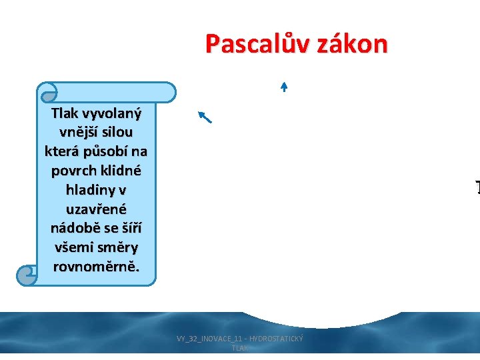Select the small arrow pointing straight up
tap(283, 86)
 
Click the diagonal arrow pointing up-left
tap(205, 117)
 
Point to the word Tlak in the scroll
tap(64, 113)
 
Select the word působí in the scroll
tap(103, 151)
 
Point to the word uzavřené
tap(96, 209)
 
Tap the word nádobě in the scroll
tap(75, 228)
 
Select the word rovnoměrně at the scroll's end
tap(96, 267)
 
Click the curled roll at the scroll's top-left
tap(47, 92)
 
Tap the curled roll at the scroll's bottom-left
tap(27, 273)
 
